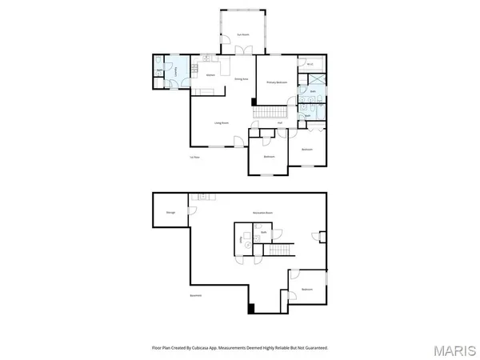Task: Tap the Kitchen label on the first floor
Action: coord(211,75)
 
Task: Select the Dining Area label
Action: coord(239,79)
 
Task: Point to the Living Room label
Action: coord(222,122)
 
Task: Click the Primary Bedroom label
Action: coord(277,82)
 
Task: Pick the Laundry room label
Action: coord(175,70)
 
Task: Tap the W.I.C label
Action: coord(310,66)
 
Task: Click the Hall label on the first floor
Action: coord(280,122)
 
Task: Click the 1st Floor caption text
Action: coord(194,158)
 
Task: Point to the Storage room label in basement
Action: coord(170,212)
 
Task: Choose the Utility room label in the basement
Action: coord(242,239)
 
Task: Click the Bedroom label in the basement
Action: coord(306,289)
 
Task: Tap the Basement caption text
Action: coord(195,296)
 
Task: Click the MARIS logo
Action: coord(458,350)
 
